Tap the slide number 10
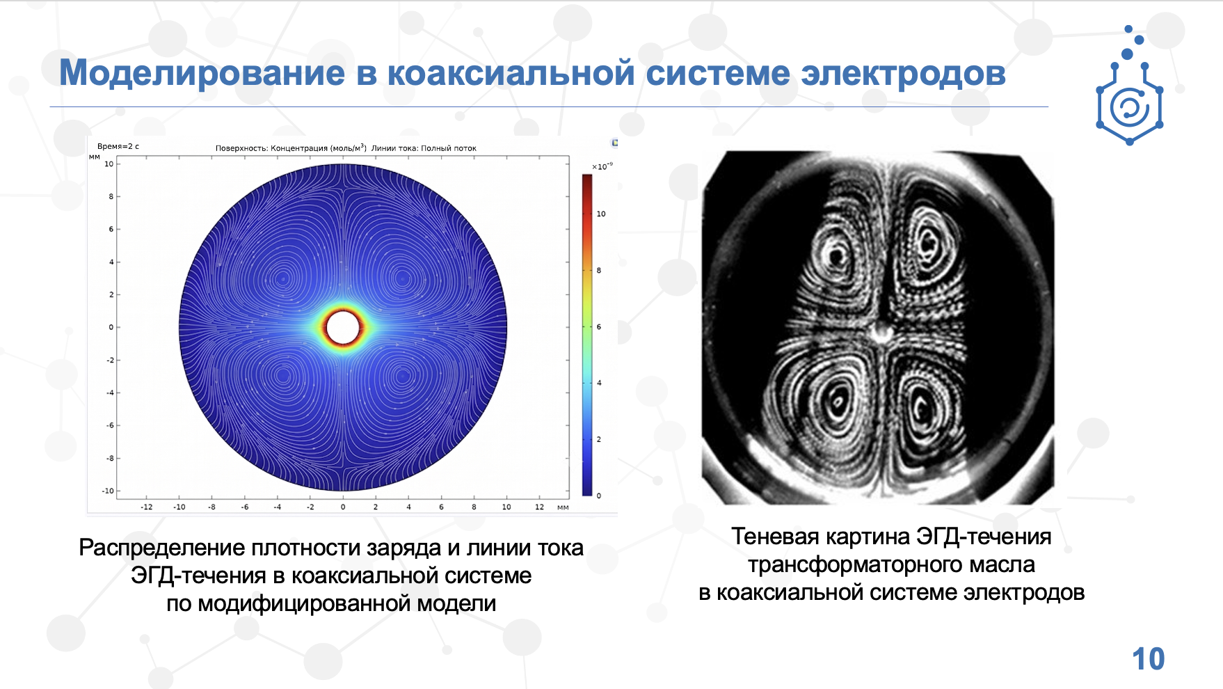click(x=1148, y=659)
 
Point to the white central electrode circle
click(x=342, y=327)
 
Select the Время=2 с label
click(x=118, y=146)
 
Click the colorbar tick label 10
click(x=601, y=214)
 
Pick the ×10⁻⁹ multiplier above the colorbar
click(x=602, y=166)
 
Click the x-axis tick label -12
click(x=146, y=507)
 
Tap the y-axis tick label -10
click(x=108, y=491)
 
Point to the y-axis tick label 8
click(x=111, y=196)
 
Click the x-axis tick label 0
click(x=343, y=507)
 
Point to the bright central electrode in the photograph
click(x=881, y=331)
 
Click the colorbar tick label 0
click(x=599, y=496)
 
